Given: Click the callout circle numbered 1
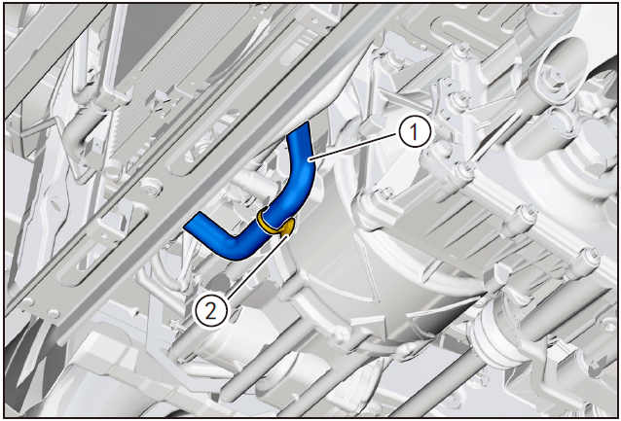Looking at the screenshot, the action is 415,132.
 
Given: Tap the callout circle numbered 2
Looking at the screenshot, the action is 210,311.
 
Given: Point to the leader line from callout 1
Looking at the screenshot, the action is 354,147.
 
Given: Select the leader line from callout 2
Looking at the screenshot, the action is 257,264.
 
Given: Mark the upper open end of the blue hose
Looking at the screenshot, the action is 298,129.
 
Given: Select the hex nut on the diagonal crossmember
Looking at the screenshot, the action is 151,187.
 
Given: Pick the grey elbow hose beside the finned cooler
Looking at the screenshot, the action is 78,125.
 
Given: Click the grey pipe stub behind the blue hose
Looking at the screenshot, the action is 253,185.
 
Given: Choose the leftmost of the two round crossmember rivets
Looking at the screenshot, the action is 27,302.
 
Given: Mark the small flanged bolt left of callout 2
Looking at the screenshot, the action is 174,325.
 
